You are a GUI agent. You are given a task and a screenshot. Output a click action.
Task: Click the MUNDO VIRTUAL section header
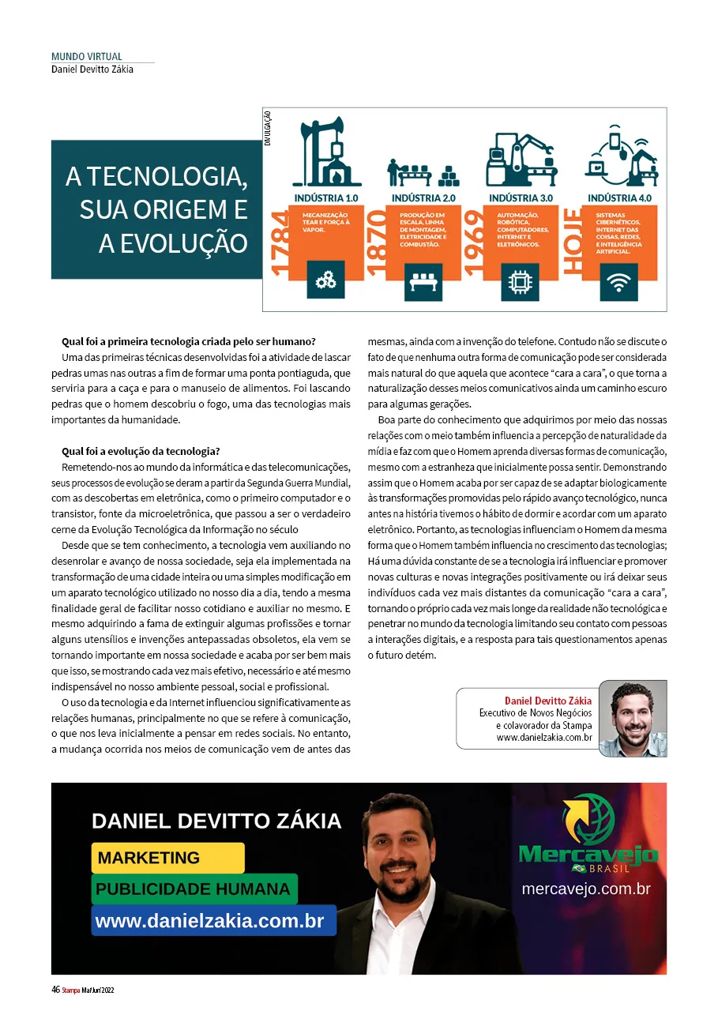tap(87, 57)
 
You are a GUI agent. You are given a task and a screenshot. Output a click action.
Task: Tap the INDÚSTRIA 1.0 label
tap(325, 197)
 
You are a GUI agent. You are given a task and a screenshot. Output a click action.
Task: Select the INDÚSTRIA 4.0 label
tap(619, 197)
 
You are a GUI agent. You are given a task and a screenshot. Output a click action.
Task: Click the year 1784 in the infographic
tap(281, 244)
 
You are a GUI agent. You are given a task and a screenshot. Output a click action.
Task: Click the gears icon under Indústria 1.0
tap(325, 280)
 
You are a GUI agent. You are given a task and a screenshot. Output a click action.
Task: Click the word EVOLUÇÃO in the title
tap(173, 243)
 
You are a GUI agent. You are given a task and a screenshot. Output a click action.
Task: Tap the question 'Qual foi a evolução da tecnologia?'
tap(141, 451)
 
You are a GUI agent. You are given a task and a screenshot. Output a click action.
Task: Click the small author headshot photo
tap(632, 718)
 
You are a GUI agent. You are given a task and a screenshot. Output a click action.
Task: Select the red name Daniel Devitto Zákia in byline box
tap(547, 701)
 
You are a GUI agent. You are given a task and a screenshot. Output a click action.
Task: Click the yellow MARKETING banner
tap(167, 858)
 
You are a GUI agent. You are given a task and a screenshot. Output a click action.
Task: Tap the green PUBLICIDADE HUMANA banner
tap(194, 889)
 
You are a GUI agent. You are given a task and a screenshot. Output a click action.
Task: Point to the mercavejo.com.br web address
tap(586, 889)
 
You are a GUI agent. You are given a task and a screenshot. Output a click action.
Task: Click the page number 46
tap(56, 990)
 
